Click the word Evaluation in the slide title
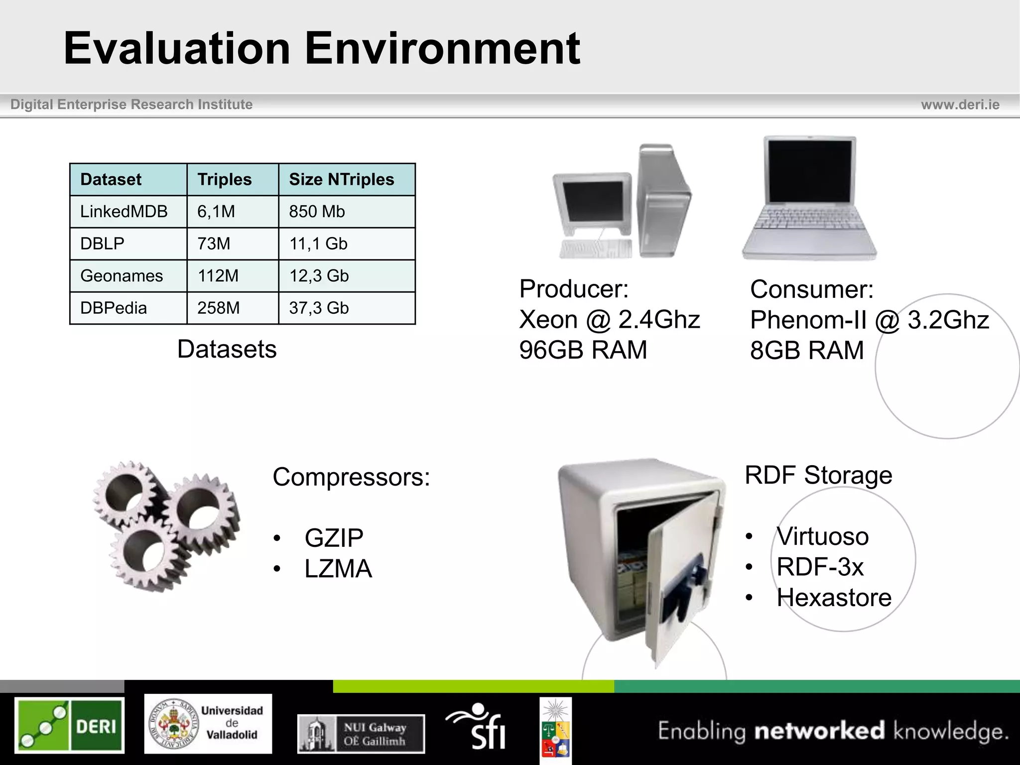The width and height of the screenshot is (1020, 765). (177, 48)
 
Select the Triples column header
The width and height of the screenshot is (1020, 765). (225, 179)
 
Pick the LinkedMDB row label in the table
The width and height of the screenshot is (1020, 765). (124, 212)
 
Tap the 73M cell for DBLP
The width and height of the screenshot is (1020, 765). (214, 244)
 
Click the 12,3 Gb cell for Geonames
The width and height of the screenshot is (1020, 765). (319, 276)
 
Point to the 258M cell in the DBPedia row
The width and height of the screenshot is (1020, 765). (218, 308)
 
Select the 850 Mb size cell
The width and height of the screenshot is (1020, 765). (317, 212)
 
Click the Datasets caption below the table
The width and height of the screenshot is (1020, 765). (227, 349)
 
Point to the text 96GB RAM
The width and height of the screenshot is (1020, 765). (583, 350)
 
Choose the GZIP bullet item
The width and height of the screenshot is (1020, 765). (334, 538)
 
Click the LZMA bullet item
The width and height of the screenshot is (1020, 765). (338, 569)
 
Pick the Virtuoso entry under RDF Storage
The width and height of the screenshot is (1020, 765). (822, 536)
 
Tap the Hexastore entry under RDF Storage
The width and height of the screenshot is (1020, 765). (834, 598)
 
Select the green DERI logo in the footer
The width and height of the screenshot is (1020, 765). (69, 725)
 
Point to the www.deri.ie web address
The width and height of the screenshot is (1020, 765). (960, 105)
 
